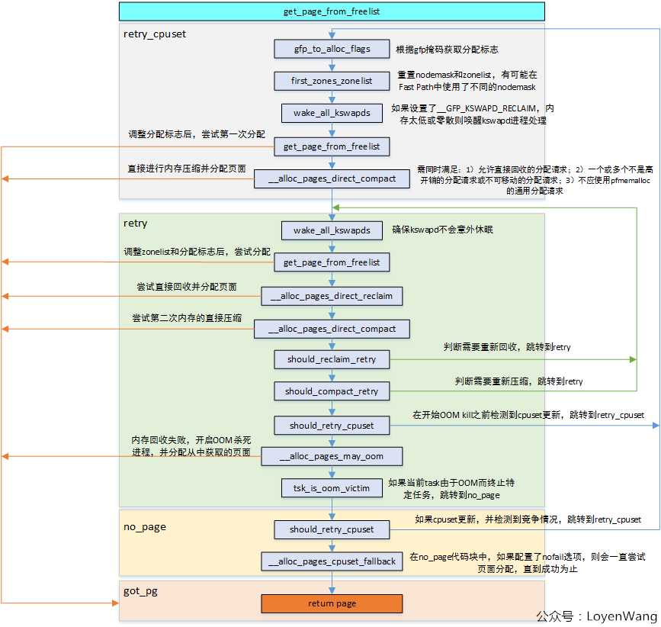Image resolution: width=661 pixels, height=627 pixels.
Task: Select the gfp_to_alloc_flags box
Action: click(332, 49)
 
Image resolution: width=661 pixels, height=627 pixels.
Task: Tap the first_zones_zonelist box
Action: click(332, 80)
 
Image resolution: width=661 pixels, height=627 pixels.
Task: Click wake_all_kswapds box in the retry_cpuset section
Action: click(332, 113)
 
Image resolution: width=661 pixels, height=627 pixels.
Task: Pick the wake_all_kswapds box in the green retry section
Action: click(332, 230)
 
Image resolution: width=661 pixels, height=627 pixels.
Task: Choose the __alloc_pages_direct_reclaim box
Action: click(332, 296)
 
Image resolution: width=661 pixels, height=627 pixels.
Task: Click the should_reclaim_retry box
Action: click(332, 359)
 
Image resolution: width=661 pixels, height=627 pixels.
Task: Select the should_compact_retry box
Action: click(332, 391)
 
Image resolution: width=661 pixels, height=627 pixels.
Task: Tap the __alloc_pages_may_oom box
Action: click(332, 456)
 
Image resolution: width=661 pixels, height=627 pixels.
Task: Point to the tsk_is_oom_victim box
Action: click(332, 488)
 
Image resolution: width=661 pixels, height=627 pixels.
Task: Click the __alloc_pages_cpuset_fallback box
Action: click(332, 561)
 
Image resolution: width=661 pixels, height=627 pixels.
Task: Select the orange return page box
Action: click(332, 603)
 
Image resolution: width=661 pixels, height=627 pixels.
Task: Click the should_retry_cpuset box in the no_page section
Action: click(332, 529)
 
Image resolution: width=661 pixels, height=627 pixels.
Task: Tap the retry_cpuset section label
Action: click(154, 34)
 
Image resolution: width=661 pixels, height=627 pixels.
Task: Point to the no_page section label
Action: click(145, 527)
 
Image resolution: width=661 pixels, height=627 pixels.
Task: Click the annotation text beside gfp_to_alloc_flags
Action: click(447, 50)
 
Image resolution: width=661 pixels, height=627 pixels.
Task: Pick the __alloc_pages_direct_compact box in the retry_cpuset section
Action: click(332, 178)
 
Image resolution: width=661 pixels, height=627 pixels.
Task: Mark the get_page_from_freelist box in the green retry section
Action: click(332, 262)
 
